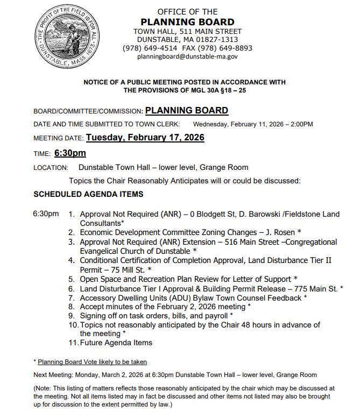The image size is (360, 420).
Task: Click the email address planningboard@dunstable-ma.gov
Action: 195,56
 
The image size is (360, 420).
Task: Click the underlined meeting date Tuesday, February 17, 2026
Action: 145,138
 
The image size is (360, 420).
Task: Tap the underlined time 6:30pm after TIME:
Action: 70,153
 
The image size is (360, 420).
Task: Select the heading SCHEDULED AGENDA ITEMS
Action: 88,194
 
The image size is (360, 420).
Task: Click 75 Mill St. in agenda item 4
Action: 126,269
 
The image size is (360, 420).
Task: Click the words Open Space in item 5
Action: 100,279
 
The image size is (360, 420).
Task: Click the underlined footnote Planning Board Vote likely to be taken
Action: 92,362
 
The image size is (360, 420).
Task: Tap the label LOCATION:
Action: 51,168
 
